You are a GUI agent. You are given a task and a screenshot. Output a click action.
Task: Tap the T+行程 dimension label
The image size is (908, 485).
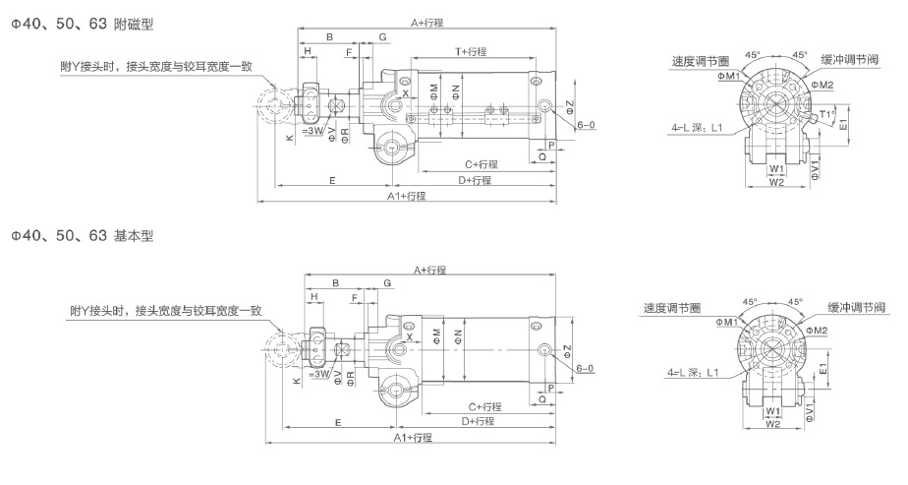coord(471,51)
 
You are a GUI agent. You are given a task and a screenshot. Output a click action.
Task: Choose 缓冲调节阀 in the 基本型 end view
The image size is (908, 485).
coord(858,307)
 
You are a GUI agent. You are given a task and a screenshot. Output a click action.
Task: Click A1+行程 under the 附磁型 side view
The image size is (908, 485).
coord(406,196)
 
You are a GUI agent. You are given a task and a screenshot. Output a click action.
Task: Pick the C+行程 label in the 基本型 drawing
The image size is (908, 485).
coord(484,406)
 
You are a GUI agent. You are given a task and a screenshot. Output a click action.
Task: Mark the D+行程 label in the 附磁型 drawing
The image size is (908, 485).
coord(475,180)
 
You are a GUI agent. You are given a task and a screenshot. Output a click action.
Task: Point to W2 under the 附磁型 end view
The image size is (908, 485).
coord(775,182)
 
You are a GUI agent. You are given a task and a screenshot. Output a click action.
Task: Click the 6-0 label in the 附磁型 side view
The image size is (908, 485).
coord(586,125)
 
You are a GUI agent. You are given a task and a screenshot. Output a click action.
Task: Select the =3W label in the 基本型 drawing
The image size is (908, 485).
coord(317,375)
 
